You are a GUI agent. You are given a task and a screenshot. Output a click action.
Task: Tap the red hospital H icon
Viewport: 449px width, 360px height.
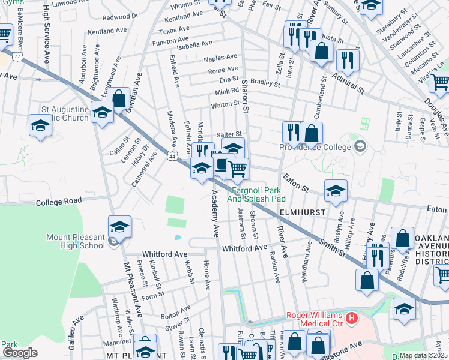[353, 316]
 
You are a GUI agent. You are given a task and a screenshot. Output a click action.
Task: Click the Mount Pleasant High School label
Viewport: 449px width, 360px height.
[76, 241]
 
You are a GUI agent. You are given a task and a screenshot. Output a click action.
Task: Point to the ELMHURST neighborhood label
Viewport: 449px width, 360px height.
[302, 212]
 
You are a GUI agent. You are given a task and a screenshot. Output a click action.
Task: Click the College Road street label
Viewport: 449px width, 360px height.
[58, 202]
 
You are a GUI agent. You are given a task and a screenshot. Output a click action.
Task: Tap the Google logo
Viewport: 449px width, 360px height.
[20, 353]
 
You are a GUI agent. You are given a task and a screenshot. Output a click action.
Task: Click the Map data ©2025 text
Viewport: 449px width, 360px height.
[423, 355]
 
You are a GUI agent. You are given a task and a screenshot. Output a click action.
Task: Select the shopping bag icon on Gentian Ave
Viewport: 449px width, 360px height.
[119, 97]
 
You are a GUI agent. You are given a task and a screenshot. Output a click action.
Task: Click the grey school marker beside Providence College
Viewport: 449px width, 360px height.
[360, 145]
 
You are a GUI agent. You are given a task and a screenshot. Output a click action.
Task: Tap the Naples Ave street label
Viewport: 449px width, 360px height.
[220, 58]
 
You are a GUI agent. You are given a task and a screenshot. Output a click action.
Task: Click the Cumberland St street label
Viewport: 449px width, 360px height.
[322, 95]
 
